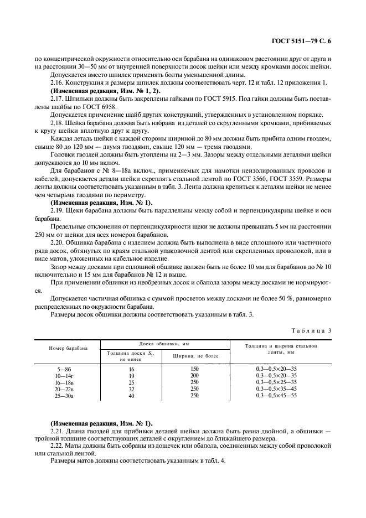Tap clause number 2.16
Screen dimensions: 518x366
pyautogui.click(x=58, y=82)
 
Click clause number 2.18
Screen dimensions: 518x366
pyautogui.click(x=58, y=123)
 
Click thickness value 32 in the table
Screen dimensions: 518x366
pyautogui.click(x=131, y=389)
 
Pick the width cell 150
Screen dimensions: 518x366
pyautogui.click(x=194, y=369)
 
